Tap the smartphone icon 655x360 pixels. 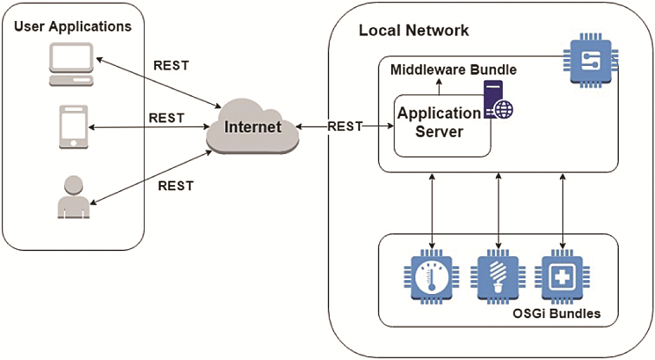click(x=72, y=127)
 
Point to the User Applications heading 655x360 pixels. click(x=73, y=27)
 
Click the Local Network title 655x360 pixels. click(x=414, y=30)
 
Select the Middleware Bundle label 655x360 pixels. click(x=453, y=70)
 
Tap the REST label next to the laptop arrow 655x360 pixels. click(x=171, y=65)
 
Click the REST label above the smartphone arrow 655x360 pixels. click(x=166, y=118)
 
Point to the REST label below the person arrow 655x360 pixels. click(x=176, y=186)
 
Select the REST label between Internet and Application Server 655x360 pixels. click(x=345, y=126)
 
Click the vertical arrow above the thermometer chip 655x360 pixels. click(x=432, y=209)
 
